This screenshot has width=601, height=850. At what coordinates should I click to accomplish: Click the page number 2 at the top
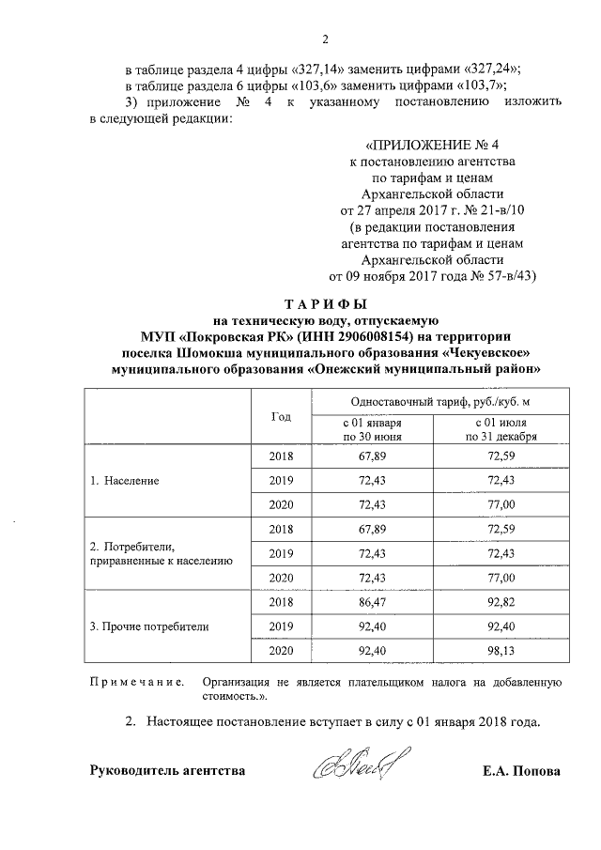(x=325, y=39)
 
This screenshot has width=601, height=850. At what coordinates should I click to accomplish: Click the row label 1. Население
(x=124, y=480)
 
